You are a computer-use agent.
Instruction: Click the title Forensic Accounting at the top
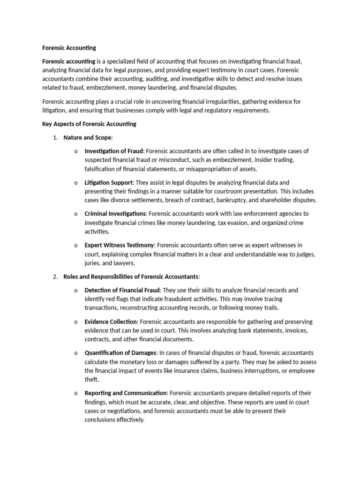[69, 48]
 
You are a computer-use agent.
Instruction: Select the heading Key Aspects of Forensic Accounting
[89, 124]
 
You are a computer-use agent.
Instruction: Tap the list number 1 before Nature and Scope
[55, 138]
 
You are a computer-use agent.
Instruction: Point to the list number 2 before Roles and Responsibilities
[55, 277]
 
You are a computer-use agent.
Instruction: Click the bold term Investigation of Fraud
[113, 151]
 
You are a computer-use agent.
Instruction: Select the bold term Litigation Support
[109, 182]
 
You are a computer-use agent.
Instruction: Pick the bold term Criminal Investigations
[115, 214]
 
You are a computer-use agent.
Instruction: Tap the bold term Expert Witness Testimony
[119, 245]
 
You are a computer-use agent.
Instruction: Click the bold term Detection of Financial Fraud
[122, 290]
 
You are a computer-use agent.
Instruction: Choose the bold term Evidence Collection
[111, 322]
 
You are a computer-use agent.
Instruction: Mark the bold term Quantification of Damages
[120, 353]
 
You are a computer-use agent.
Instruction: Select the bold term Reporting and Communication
[125, 393]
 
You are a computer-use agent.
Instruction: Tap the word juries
[92, 263]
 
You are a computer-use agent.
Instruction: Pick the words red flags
[116, 299]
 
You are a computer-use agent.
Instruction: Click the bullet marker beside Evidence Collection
[75, 322]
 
